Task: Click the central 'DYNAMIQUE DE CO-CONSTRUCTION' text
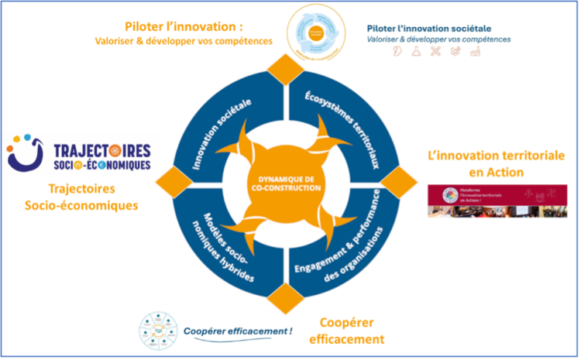(x=284, y=184)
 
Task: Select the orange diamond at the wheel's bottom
(x=284, y=294)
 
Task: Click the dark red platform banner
(x=497, y=201)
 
